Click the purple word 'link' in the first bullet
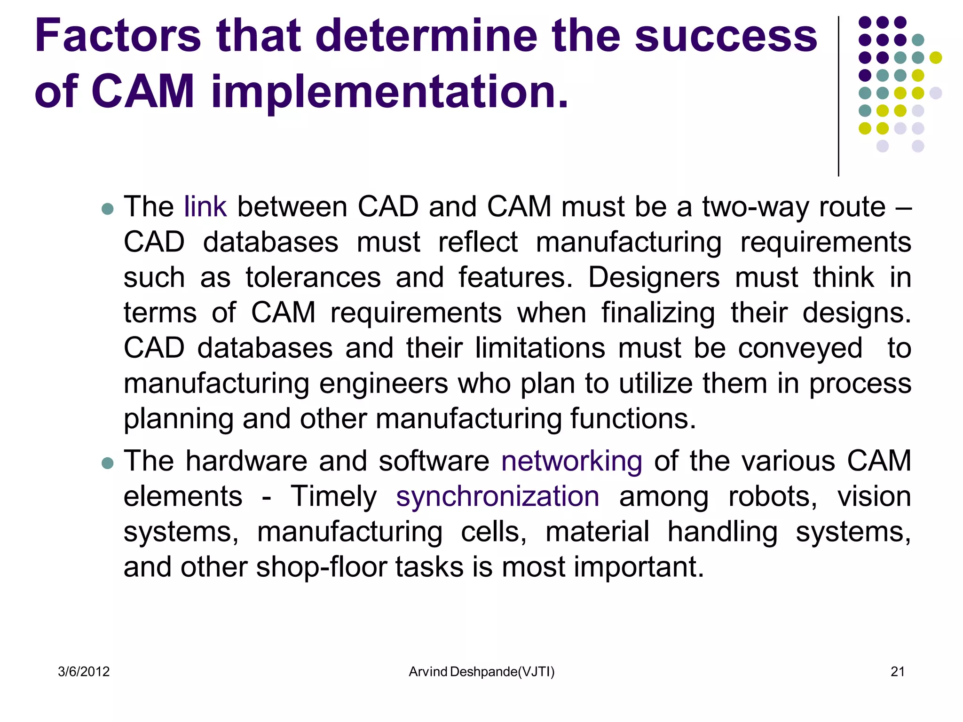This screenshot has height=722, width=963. pos(205,207)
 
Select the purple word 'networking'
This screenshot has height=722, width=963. pos(571,461)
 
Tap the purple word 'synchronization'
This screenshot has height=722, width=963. pos(497,497)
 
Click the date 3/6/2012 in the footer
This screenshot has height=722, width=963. pos(84,672)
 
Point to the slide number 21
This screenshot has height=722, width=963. pos(897,672)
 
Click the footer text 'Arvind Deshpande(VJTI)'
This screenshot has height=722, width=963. pos(481,672)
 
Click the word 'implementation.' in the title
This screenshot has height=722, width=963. pos(390,91)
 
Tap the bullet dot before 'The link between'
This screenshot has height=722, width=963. pos(108,209)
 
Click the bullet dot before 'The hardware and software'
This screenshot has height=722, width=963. pos(108,463)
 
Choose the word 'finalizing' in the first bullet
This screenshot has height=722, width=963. pos(658,313)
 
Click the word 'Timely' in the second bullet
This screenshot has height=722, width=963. pos(334,497)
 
